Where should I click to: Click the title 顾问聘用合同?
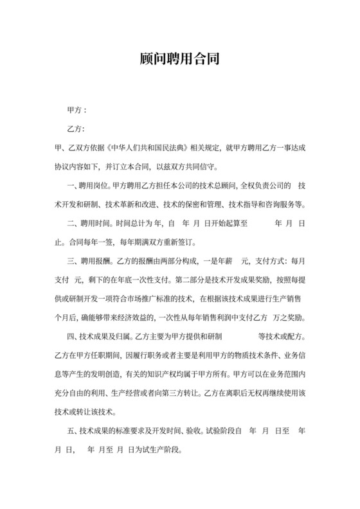pos(180,60)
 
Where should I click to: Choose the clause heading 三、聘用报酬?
pos(88,262)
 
